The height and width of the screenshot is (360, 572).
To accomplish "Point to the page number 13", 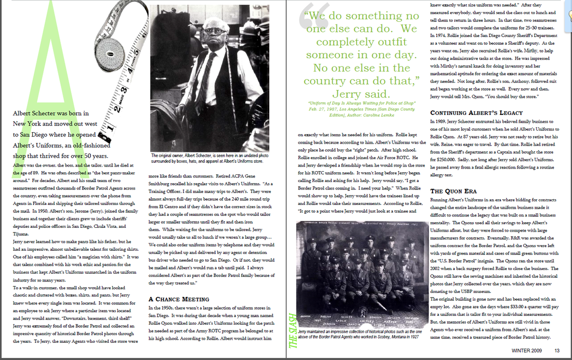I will click(557, 350).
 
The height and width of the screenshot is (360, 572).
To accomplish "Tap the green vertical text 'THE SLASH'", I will click(292, 330).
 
